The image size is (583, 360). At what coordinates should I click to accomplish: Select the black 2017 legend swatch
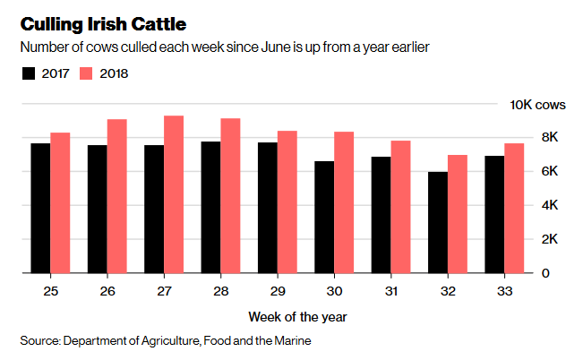(x=29, y=73)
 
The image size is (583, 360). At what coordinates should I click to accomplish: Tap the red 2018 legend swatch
(x=88, y=73)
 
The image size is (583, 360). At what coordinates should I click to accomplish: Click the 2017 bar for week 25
(x=40, y=208)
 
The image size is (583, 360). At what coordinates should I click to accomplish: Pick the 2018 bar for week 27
(x=174, y=194)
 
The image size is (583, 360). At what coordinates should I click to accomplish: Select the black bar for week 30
(x=323, y=217)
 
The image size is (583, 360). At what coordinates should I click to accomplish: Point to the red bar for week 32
(x=457, y=214)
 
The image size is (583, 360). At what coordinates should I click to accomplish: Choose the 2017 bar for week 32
(x=437, y=222)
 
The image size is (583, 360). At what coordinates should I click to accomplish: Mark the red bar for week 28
(x=230, y=195)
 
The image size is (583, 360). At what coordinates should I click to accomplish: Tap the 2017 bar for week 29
(x=267, y=208)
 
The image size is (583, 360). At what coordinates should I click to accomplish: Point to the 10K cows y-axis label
(x=537, y=105)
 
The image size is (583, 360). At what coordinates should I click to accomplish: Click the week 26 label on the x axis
(x=107, y=290)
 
